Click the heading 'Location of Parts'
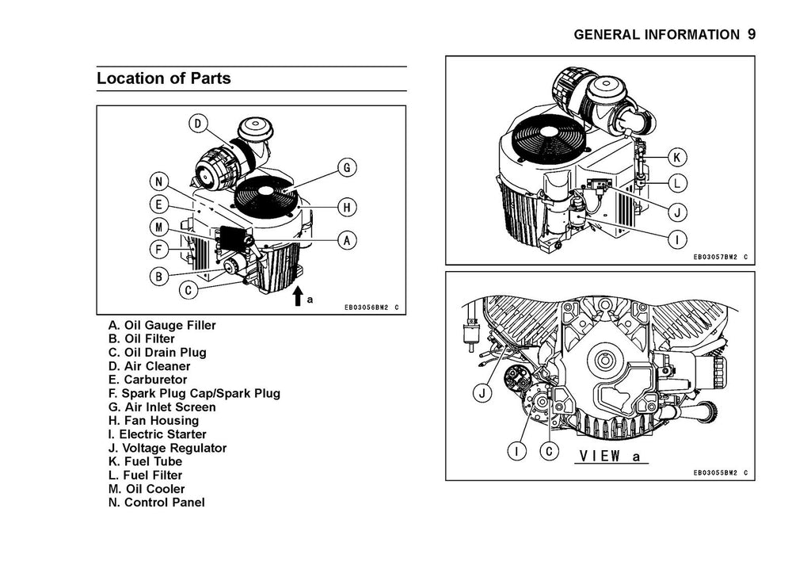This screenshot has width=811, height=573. [164, 78]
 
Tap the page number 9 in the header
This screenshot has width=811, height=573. [752, 34]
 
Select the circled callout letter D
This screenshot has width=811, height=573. [197, 124]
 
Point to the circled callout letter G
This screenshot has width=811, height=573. [347, 168]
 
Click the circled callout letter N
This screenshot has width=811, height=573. [159, 181]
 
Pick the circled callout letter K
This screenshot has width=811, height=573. [679, 155]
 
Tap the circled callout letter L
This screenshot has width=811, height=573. [679, 183]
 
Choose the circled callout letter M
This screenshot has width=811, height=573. [159, 227]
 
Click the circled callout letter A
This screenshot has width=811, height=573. [347, 239]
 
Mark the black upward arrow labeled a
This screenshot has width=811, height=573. [298, 296]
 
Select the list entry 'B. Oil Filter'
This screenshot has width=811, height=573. [142, 339]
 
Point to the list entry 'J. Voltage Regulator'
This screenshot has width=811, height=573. [167, 448]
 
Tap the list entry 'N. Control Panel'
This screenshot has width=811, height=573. [156, 502]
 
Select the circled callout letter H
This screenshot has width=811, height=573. [347, 208]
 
